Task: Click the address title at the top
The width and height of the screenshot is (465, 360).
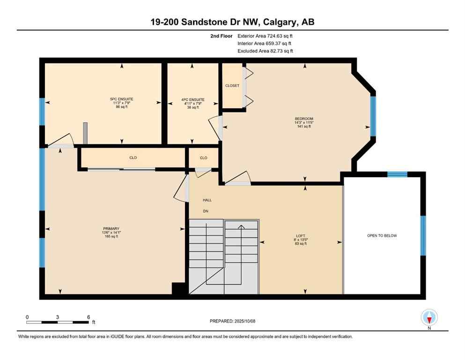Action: [x=232, y=22]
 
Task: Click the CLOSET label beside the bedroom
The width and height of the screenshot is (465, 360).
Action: [x=232, y=86]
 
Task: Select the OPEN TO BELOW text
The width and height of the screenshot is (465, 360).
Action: [x=382, y=235]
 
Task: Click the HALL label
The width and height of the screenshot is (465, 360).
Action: [x=207, y=200]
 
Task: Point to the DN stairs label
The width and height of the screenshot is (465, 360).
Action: [x=206, y=211]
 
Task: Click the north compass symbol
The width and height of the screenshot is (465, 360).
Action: [x=429, y=318]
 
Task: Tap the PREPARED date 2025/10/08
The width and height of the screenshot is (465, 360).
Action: [x=233, y=321]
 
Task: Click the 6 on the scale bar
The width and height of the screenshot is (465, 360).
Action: [x=88, y=317]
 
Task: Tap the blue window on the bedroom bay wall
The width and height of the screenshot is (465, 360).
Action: [x=373, y=116]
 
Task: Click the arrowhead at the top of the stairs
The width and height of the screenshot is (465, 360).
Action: [x=241, y=227]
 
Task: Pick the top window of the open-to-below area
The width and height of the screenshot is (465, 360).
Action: [x=397, y=174]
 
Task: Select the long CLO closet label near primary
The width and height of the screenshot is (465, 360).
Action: [x=133, y=158]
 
